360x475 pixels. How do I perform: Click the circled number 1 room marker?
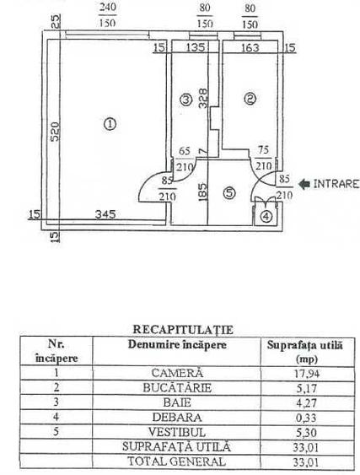click(110, 124)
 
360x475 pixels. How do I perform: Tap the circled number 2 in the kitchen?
click(250, 99)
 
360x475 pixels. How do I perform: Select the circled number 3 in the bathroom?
click(185, 100)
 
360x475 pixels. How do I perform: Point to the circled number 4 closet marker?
click(266, 217)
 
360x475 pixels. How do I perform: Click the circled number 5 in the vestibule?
click(229, 193)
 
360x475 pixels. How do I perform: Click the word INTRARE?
click(336, 184)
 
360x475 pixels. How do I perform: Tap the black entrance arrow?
click(304, 184)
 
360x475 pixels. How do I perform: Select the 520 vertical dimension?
click(55, 132)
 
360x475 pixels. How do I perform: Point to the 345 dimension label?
click(105, 214)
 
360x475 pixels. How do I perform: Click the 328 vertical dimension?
click(203, 98)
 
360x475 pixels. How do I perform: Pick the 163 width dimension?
click(250, 47)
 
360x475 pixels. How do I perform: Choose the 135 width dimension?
click(196, 47)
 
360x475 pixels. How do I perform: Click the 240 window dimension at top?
click(108, 7)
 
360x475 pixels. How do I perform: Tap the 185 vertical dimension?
click(203, 192)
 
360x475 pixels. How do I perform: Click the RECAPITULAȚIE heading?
click(183, 329)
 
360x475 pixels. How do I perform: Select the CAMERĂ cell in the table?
click(177, 373)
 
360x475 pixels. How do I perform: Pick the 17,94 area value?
click(307, 374)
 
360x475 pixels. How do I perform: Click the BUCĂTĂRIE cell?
click(177, 388)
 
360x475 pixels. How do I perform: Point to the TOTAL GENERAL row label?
click(176, 462)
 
